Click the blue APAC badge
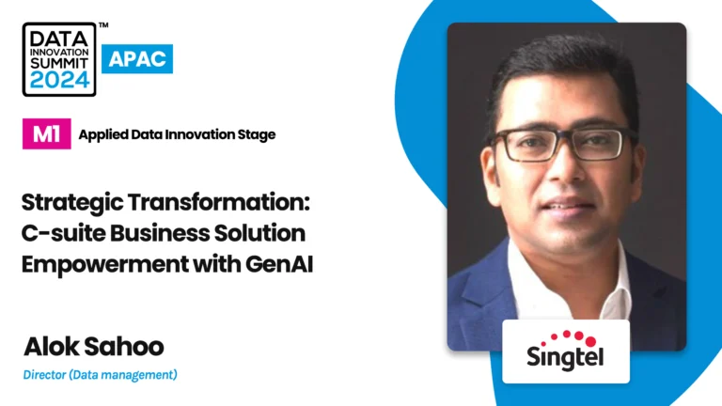point(137,59)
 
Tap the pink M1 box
point(46,134)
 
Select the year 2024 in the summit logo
point(59,80)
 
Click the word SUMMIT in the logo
point(59,63)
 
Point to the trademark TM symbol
point(103,24)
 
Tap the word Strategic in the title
point(72,203)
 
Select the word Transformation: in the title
point(219,202)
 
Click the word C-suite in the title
point(64,233)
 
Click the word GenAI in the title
point(279,265)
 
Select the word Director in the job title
point(45,375)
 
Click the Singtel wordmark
point(565,357)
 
